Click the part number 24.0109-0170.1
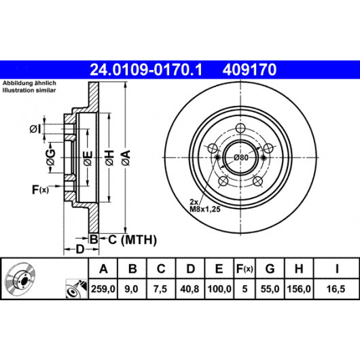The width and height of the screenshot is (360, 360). [x=146, y=70]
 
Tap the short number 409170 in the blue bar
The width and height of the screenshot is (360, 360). [x=249, y=70]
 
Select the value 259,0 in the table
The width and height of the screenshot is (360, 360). [x=103, y=289]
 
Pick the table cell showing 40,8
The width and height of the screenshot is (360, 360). [x=190, y=289]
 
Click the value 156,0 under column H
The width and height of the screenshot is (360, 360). [x=299, y=289]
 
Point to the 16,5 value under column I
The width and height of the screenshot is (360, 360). [x=336, y=289]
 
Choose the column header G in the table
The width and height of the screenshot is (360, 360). [x=270, y=268]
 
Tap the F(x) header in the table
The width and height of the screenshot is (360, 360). [x=245, y=268]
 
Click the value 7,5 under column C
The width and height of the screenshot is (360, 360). [x=160, y=289]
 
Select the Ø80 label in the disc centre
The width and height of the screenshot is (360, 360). [x=240, y=158]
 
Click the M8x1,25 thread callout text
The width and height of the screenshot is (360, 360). [x=205, y=209]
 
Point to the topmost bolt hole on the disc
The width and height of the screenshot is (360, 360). [x=240, y=128]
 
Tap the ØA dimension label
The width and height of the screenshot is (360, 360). [x=126, y=158]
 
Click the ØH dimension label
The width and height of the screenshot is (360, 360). [x=109, y=158]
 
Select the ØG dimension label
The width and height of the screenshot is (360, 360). [x=51, y=158]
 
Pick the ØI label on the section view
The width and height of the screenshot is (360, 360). [x=35, y=129]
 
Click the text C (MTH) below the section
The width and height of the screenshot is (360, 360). [x=132, y=240]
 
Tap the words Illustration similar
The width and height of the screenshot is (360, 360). [x=29, y=90]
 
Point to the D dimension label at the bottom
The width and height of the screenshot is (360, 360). [x=80, y=249]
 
